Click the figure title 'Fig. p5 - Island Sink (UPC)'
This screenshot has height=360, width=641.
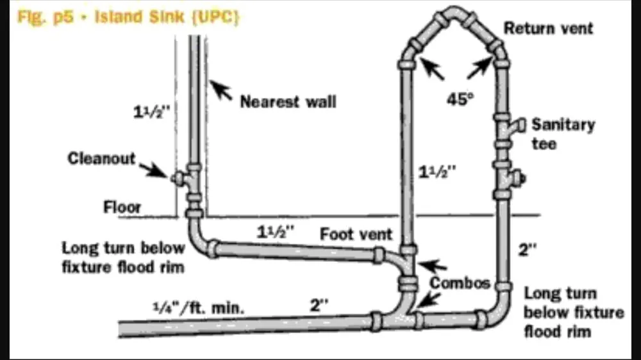tap(128, 17)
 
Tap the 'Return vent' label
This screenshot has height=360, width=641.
tap(548, 28)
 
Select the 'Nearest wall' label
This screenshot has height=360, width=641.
tap(288, 101)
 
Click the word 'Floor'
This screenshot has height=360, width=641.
tap(122, 208)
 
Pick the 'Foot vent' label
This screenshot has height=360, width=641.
tap(356, 234)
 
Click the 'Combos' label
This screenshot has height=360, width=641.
tap(460, 282)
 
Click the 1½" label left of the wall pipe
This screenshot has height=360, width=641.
tap(154, 111)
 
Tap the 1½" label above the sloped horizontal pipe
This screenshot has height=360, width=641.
tap(276, 232)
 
